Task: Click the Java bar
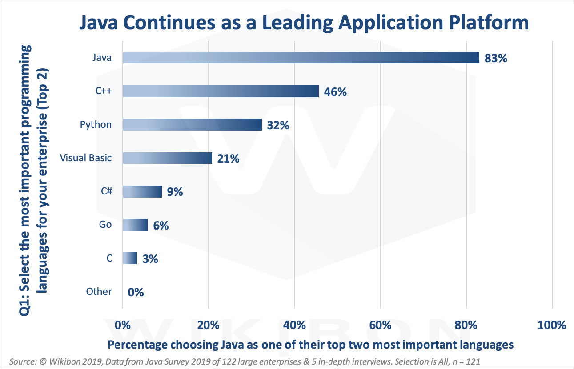pos(301,58)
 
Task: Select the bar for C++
pos(221,91)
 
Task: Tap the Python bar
pos(192,125)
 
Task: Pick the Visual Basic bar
pos(167,158)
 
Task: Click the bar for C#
pos(142,191)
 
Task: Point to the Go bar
pos(135,225)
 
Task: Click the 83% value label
pos(496,58)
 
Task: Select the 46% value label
pos(335,92)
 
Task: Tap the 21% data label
pos(229,159)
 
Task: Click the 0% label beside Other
pos(136,292)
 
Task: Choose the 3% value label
pos(150,259)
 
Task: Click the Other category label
pos(99,291)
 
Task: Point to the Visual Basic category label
pos(86,158)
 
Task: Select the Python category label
pos(96,124)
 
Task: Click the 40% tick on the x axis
pos(294,325)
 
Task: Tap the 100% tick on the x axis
pos(552,325)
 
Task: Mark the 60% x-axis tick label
pos(380,325)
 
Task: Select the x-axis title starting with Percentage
pos(311,345)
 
